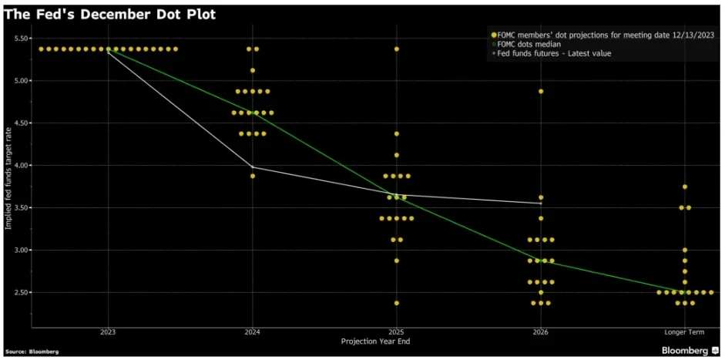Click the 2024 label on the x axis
252,331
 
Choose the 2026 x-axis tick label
540,331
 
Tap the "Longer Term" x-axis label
684,331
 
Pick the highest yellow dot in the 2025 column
396,49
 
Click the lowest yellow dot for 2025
396,303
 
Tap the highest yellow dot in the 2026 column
541,91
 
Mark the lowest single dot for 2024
252,176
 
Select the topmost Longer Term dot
684,187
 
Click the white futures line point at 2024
252,167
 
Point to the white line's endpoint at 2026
541,203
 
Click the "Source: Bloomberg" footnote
31,351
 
